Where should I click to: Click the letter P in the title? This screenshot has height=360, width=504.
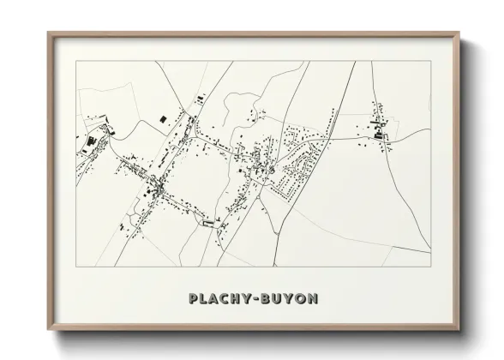[x=192, y=298]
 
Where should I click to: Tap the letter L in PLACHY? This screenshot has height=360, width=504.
[x=203, y=298]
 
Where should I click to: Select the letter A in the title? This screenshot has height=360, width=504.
[x=215, y=298]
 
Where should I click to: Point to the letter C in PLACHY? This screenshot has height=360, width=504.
[x=227, y=298]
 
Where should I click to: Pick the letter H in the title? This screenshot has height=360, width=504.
[x=239, y=298]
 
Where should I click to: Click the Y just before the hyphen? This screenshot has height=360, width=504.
[x=251, y=298]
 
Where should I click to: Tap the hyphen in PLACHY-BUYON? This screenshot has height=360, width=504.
[x=261, y=299]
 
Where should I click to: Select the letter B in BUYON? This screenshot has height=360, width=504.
[x=270, y=298]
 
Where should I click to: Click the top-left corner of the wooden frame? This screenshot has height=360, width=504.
[x=48, y=33]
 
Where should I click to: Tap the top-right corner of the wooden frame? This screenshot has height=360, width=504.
[x=459, y=33]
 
